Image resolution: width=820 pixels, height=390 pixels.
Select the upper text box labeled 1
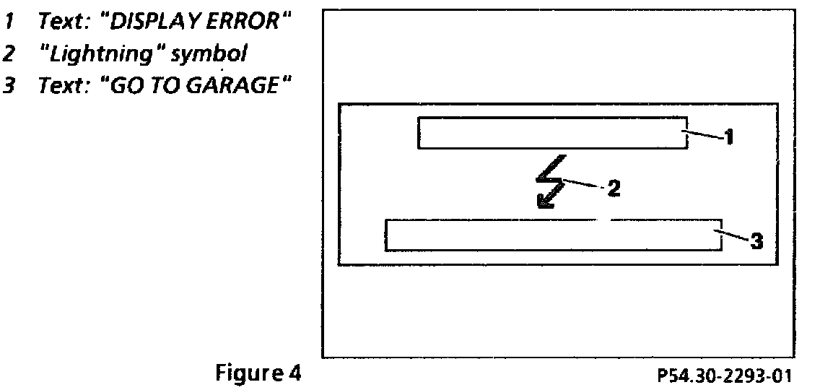[552, 133]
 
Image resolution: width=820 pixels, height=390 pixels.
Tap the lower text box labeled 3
[554, 235]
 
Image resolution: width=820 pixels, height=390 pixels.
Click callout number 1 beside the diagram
[729, 136]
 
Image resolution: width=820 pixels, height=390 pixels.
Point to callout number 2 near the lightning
[613, 189]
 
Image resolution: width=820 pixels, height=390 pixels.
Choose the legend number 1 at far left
[10, 21]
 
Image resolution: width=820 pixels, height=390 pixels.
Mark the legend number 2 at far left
[10, 53]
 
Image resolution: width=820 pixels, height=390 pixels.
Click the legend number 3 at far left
[10, 86]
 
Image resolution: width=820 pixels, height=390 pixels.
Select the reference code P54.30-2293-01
[724, 376]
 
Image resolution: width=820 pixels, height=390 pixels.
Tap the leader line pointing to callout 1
[705, 134]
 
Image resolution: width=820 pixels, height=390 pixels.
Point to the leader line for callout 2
[583, 184]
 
